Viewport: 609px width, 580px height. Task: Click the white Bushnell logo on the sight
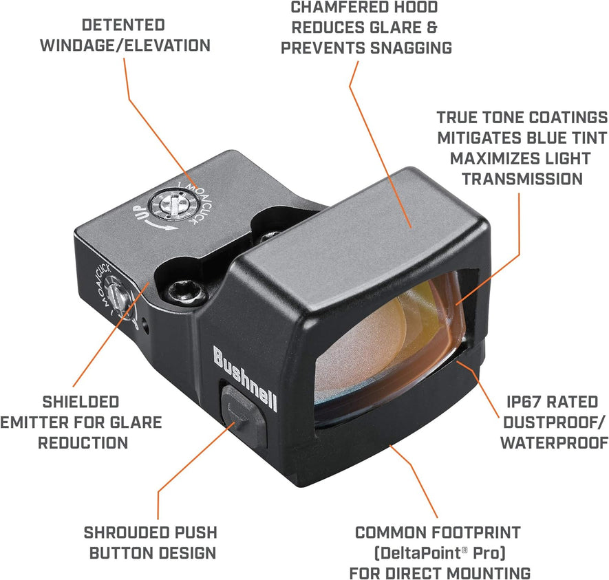click(245, 378)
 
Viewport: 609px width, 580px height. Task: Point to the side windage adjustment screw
click(122, 297)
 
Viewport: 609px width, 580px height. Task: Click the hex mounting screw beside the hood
click(189, 292)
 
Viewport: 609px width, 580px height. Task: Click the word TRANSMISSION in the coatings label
click(522, 179)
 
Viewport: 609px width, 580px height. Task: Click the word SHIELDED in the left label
click(81, 401)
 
